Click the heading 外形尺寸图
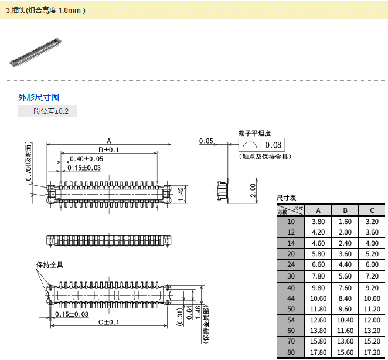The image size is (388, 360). pyautogui.click(x=39, y=97)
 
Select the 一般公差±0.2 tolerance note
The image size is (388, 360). pyautogui.click(x=47, y=111)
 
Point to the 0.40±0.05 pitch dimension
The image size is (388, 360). pyautogui.click(x=86, y=159)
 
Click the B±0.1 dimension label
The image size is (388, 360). pyautogui.click(x=108, y=150)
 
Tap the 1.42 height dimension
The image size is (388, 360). pyautogui.click(x=181, y=191)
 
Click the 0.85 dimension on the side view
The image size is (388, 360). pyautogui.click(x=206, y=141)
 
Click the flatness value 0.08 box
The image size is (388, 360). pyautogui.click(x=273, y=145)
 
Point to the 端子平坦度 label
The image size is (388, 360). pyautogui.click(x=254, y=134)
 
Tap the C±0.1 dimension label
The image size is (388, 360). pyautogui.click(x=108, y=322)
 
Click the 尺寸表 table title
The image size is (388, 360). pyautogui.click(x=286, y=198)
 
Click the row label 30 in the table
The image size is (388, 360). pyautogui.click(x=291, y=276)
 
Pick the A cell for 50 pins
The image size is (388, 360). pyautogui.click(x=318, y=308)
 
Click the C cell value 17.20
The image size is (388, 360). pyautogui.click(x=372, y=352)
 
